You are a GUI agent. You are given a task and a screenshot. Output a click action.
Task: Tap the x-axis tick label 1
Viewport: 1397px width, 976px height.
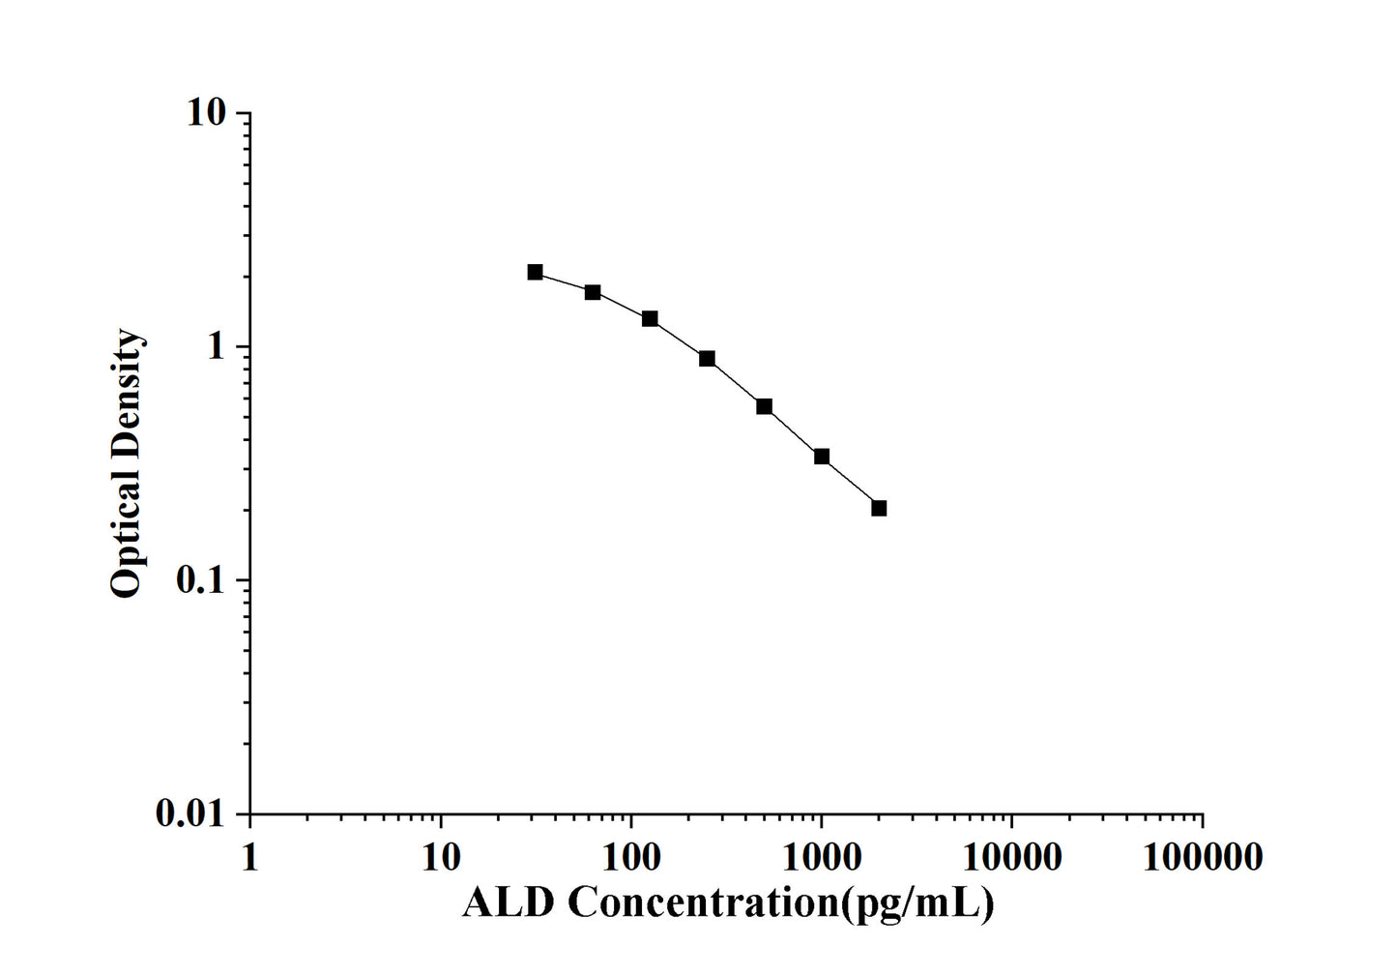249,856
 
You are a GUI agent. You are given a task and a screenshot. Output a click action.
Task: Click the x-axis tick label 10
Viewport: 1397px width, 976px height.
440,856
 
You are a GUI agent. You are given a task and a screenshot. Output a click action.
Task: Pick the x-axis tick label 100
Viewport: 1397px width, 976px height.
630,856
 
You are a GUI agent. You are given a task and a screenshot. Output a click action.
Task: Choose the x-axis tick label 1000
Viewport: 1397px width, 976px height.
821,856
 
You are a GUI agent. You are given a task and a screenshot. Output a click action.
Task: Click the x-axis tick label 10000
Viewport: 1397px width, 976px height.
1011,856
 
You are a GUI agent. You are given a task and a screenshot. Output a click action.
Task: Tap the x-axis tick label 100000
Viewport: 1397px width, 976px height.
1202,856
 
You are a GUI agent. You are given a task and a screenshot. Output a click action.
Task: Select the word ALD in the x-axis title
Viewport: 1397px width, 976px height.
509,903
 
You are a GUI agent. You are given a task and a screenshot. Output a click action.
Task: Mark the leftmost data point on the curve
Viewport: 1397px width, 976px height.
535,272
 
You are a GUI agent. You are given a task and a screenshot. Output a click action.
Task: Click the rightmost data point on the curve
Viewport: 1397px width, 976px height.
879,508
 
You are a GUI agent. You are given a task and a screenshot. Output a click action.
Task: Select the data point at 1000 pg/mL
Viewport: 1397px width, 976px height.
822,457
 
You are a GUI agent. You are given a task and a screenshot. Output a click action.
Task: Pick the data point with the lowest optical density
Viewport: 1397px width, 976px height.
879,508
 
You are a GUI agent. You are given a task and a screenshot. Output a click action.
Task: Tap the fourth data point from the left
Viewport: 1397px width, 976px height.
707,359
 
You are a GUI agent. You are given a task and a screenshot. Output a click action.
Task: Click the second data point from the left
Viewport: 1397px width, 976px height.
593,292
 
